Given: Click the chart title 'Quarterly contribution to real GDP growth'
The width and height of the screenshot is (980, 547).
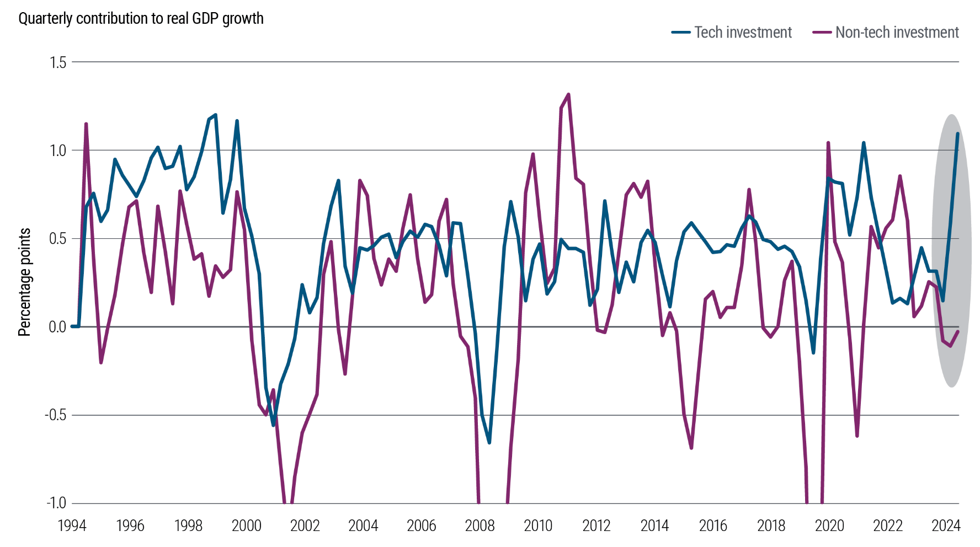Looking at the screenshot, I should coord(141,19).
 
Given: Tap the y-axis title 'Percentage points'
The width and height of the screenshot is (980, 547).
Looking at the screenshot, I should coord(24,282).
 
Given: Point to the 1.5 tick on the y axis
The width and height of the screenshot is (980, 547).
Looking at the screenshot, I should coord(57,62).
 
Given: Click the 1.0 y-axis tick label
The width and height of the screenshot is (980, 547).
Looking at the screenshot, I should coord(57,151).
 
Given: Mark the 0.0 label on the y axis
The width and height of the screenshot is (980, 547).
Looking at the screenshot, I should coord(57,327).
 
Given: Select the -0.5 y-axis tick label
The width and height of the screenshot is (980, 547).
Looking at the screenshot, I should coord(55,415).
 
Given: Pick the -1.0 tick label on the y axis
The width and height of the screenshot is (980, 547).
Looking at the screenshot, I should coord(55,503).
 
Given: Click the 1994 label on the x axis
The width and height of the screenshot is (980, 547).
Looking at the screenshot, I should coord(72,526).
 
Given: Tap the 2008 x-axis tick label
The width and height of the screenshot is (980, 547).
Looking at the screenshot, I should coord(480,526).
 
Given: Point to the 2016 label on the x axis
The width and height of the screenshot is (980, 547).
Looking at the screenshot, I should coord(712,526).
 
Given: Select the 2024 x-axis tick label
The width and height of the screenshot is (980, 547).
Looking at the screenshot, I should coord(946,526).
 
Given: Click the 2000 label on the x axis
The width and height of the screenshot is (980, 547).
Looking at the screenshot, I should coord(247,526).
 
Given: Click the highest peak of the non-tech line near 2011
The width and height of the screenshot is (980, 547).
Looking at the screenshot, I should coord(568,95).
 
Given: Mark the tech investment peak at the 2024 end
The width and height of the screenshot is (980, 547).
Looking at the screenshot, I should coord(957,133).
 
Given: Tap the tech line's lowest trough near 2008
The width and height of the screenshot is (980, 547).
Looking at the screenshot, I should coord(489,442).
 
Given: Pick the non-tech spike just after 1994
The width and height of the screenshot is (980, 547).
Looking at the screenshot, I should coord(86,124).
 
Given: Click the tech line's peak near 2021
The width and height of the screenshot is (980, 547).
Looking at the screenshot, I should coord(864,143).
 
